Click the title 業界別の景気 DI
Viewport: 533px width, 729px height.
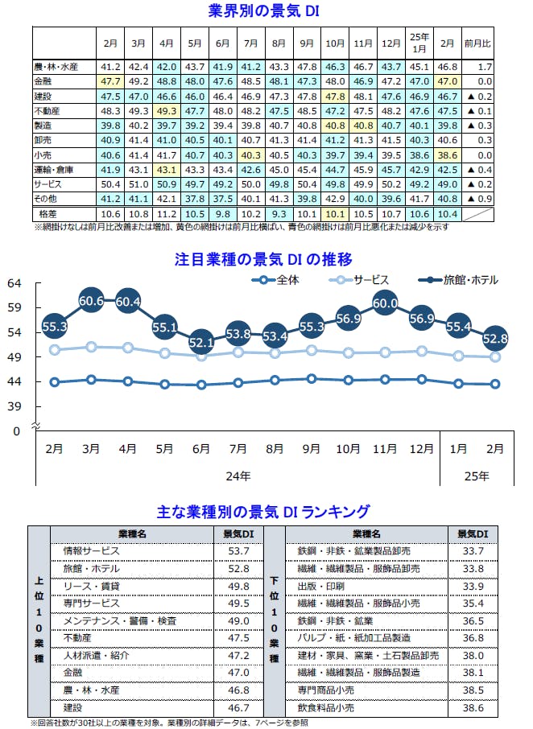click(x=266, y=11)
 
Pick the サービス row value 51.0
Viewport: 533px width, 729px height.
click(x=138, y=184)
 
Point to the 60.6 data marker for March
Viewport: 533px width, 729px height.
click(x=91, y=301)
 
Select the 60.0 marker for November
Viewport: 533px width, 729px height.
click(x=384, y=303)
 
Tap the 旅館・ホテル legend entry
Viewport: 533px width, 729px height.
click(x=470, y=280)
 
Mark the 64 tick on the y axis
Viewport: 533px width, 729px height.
click(x=14, y=283)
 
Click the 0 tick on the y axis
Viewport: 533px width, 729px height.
click(x=14, y=431)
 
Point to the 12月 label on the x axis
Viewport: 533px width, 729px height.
click(x=421, y=448)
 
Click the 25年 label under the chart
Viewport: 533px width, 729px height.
click(x=477, y=476)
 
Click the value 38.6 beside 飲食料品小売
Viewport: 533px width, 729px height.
click(x=473, y=708)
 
